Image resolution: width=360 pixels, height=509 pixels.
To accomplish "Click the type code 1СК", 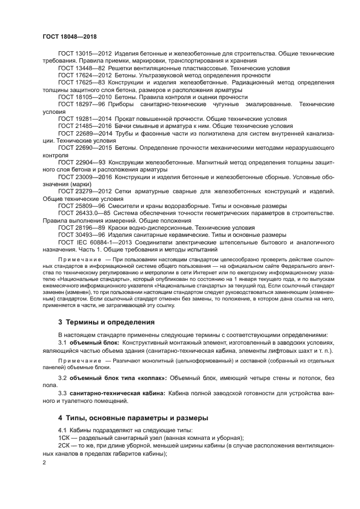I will click(x=63, y=438).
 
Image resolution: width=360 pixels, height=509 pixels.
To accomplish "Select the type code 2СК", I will click(x=63, y=445).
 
